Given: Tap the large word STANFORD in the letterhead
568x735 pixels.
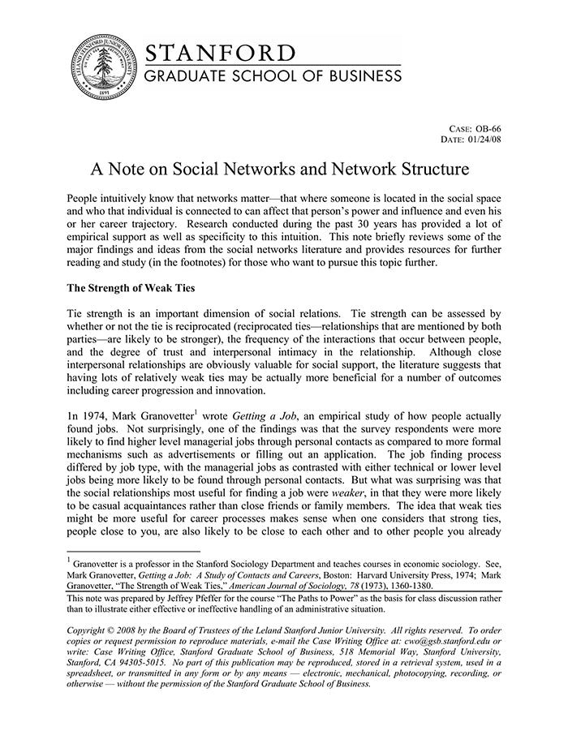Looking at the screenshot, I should (220, 54).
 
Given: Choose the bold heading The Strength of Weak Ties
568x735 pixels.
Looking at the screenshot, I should (131, 287).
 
